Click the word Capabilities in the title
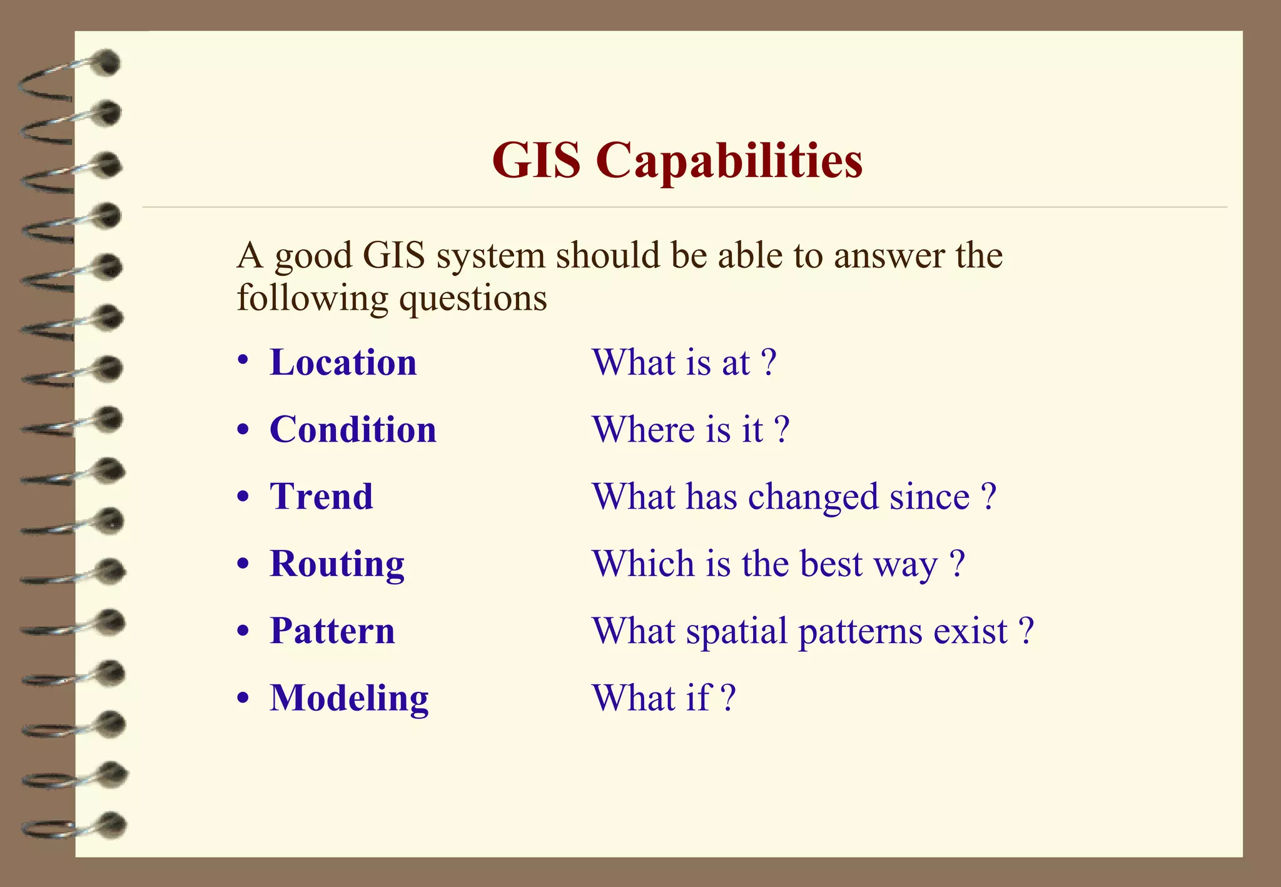[729, 161]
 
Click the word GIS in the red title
[536, 161]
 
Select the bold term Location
[343, 363]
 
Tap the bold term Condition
[353, 430]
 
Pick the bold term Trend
[322, 497]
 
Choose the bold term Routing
[337, 564]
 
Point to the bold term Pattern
[332, 631]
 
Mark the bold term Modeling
[349, 698]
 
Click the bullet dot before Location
[243, 362]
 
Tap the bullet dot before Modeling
[243, 697]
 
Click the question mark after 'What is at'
[769, 363]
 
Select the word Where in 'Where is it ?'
[644, 430]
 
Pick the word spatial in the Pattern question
[736, 632]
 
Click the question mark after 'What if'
[727, 698]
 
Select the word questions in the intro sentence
[473, 298]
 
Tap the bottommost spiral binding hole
[113, 824]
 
